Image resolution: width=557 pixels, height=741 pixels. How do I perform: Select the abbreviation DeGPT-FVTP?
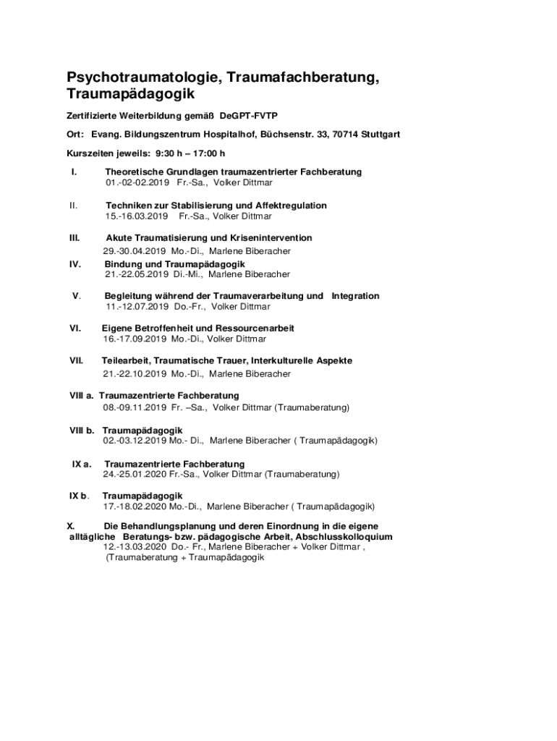click(249, 116)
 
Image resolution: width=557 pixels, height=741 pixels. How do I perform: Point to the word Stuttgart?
click(380, 135)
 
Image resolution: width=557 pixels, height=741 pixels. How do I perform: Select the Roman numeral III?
click(75, 237)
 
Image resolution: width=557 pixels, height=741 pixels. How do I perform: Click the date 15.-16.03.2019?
click(136, 216)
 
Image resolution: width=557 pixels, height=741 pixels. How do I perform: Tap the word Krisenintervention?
click(271, 237)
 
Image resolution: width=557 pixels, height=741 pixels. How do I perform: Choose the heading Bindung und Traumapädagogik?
click(175, 264)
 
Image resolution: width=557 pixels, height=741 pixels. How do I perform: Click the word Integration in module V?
click(355, 296)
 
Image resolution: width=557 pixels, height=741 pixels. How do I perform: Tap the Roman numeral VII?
click(76, 360)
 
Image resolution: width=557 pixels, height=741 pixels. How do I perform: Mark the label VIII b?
click(82, 430)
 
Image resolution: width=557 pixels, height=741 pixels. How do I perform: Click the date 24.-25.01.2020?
click(135, 474)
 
